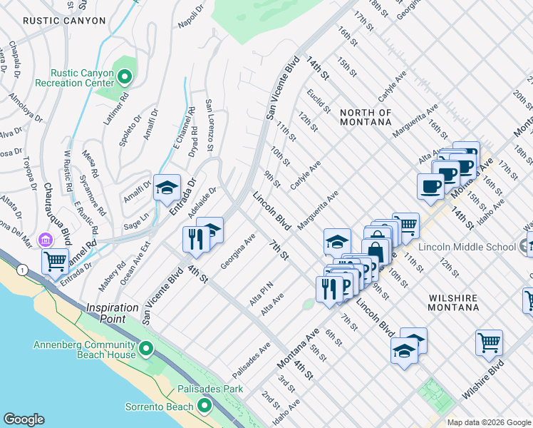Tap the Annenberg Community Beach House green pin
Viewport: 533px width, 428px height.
(146, 349)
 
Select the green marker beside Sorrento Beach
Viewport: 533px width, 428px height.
(205, 407)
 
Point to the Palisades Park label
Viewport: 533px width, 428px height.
(211, 389)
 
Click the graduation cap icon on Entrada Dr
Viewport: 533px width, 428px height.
(167, 187)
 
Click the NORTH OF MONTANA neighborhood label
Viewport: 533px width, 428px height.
(366, 117)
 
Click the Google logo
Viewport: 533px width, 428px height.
(24, 419)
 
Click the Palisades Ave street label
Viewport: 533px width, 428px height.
(251, 362)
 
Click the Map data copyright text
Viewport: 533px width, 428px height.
(487, 422)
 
